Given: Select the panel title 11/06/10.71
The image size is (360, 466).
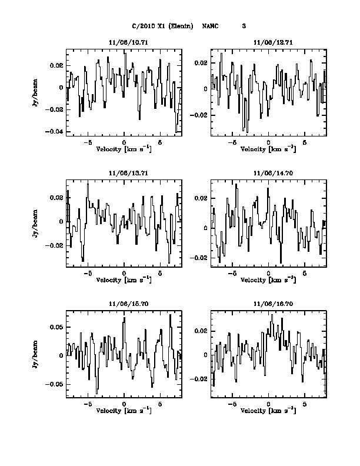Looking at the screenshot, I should point(124,43).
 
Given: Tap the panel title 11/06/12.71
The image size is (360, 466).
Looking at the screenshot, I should point(268,43).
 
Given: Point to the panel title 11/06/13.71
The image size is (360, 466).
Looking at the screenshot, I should point(124,174).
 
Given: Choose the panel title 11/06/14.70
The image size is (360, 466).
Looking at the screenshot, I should point(268,174).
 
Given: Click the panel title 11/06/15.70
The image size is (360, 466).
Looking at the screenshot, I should point(124,304).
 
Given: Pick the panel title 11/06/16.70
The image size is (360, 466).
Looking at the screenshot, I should point(268,304).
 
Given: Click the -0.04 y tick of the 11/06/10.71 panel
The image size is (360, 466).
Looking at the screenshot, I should point(56,132).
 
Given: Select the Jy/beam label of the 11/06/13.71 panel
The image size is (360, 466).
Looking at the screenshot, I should point(36,222).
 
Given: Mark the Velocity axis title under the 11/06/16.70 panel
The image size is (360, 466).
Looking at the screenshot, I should point(268,411).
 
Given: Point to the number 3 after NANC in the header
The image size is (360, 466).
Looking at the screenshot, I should point(243,26).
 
